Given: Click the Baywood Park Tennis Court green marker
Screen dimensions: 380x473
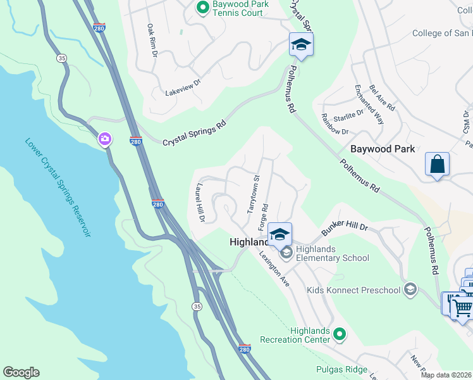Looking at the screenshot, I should coord(203,8).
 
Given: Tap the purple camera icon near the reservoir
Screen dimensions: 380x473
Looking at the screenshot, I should coord(105,139).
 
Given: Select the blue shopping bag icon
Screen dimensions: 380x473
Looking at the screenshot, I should coord(437,165).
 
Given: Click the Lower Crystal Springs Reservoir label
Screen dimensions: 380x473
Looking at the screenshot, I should coord(58,187).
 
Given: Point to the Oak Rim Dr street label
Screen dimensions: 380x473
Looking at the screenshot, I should coord(152,41).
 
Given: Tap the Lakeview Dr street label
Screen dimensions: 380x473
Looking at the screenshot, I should coord(182,87).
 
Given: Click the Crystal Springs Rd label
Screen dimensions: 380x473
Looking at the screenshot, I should coord(194,134).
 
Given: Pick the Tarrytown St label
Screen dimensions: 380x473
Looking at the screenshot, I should coord(253,194).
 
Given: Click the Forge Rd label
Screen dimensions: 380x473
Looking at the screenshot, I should coord(264,217).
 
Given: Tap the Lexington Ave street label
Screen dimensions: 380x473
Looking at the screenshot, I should coord(274,269).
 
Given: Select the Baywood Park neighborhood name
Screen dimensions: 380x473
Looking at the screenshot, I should coord(383,149).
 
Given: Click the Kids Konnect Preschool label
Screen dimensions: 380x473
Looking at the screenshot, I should coord(354,290).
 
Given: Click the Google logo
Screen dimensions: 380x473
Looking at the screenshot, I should coord(21,372).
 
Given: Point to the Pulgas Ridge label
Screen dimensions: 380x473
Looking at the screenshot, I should coord(341,369).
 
